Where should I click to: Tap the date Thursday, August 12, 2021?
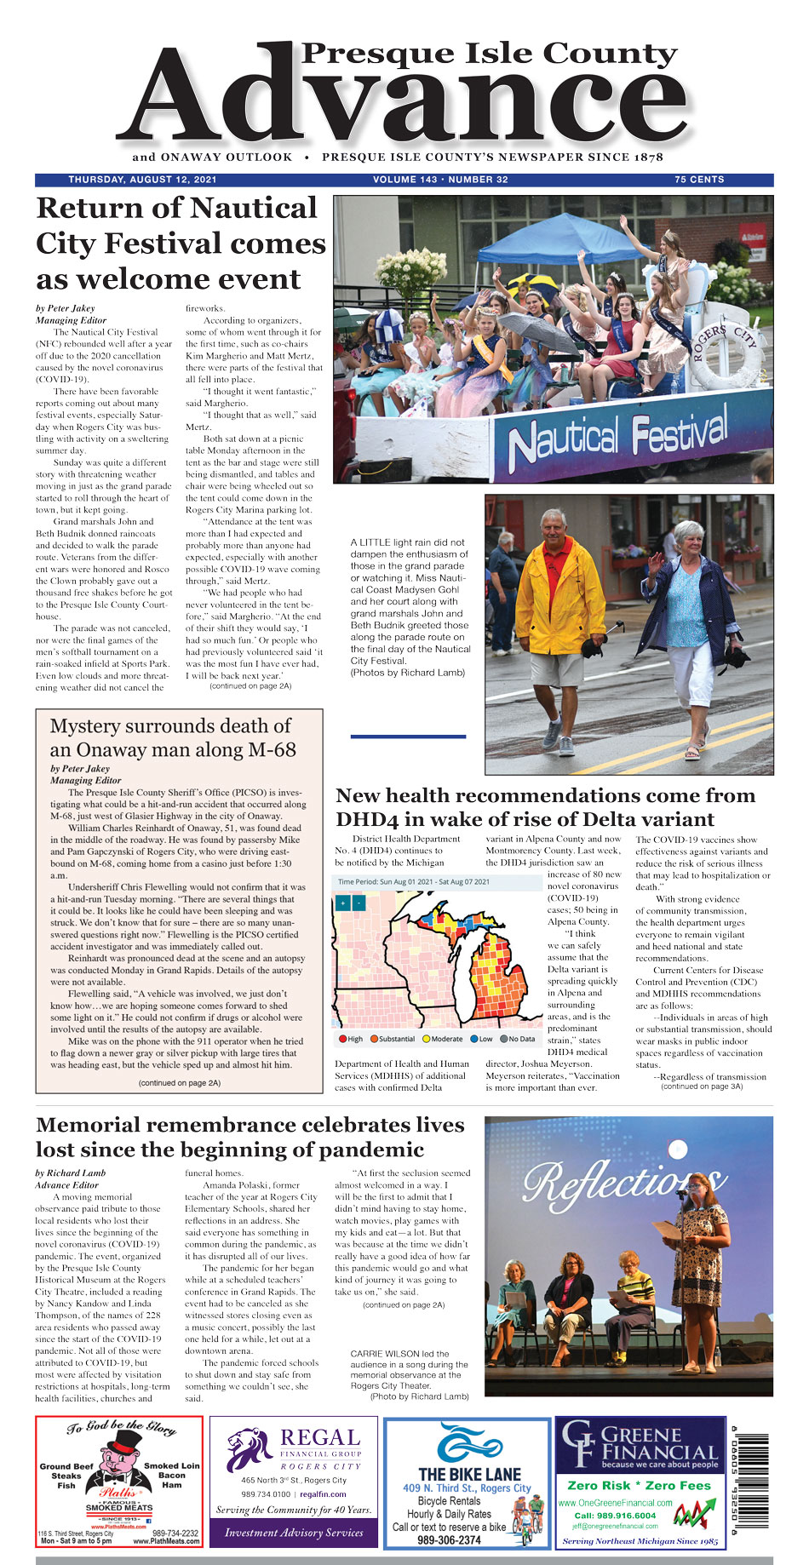click(142, 180)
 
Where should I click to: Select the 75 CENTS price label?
click(699, 180)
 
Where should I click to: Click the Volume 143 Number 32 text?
click(440, 180)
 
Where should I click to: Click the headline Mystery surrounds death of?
click(170, 726)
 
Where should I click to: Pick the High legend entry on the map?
click(350, 1039)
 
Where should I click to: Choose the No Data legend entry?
click(518, 1039)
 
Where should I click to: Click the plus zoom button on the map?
click(342, 903)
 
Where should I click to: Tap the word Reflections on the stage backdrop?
click(622, 1182)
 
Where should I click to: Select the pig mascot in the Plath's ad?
click(119, 1463)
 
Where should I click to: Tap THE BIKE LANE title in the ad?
click(469, 1474)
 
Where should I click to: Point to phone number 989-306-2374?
click(449, 1539)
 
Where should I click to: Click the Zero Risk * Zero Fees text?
click(639, 1485)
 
